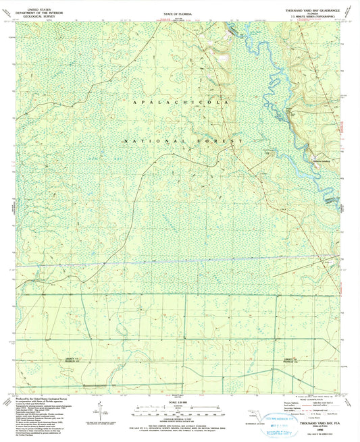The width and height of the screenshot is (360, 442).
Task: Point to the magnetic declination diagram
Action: point(100,408)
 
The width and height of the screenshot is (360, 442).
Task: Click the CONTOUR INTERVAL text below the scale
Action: point(178,416)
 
